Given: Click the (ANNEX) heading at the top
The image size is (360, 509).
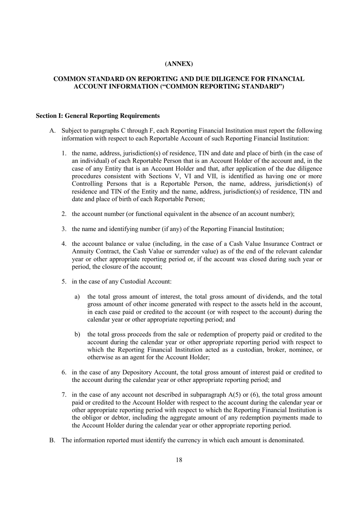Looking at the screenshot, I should [x=179, y=64].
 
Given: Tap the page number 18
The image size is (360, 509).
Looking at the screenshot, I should [x=179, y=460].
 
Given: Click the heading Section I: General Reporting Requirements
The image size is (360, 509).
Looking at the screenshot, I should [x=98, y=116].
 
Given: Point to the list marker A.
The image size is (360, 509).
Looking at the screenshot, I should [x=53, y=131].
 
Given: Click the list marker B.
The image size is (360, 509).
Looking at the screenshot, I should [x=52, y=440].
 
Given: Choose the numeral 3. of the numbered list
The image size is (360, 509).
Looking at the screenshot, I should [x=64, y=229].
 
